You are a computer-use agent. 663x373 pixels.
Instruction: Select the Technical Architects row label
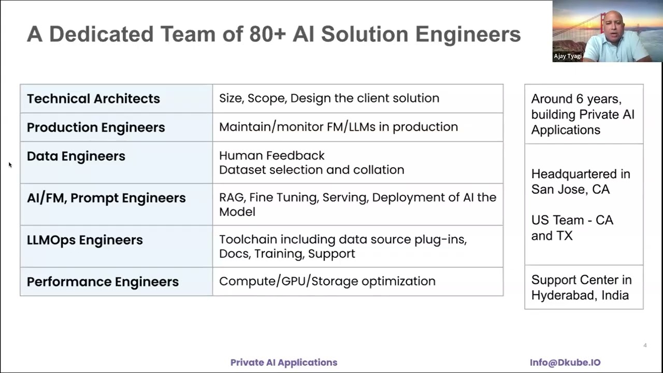[93, 98]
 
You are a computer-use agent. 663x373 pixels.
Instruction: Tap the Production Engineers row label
[96, 127]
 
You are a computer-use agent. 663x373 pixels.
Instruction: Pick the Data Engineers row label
[76, 156]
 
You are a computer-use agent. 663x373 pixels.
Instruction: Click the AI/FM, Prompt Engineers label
[106, 198]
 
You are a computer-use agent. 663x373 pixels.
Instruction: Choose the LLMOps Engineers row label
[85, 240]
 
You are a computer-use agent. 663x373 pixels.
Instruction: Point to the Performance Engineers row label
[103, 282]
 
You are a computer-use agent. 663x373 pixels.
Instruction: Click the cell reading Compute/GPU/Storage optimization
[327, 281]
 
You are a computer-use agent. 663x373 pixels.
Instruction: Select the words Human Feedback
[272, 155]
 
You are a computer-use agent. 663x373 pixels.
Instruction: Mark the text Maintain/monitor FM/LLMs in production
[338, 127]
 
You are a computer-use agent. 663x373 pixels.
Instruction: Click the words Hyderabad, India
[580, 295]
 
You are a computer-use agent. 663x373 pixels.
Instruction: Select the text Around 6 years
[575, 99]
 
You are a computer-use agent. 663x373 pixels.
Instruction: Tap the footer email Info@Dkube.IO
[565, 363]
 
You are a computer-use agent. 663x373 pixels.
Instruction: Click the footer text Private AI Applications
[284, 363]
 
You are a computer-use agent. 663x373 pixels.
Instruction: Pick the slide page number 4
[645, 346]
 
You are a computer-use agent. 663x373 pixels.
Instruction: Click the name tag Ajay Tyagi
[568, 56]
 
